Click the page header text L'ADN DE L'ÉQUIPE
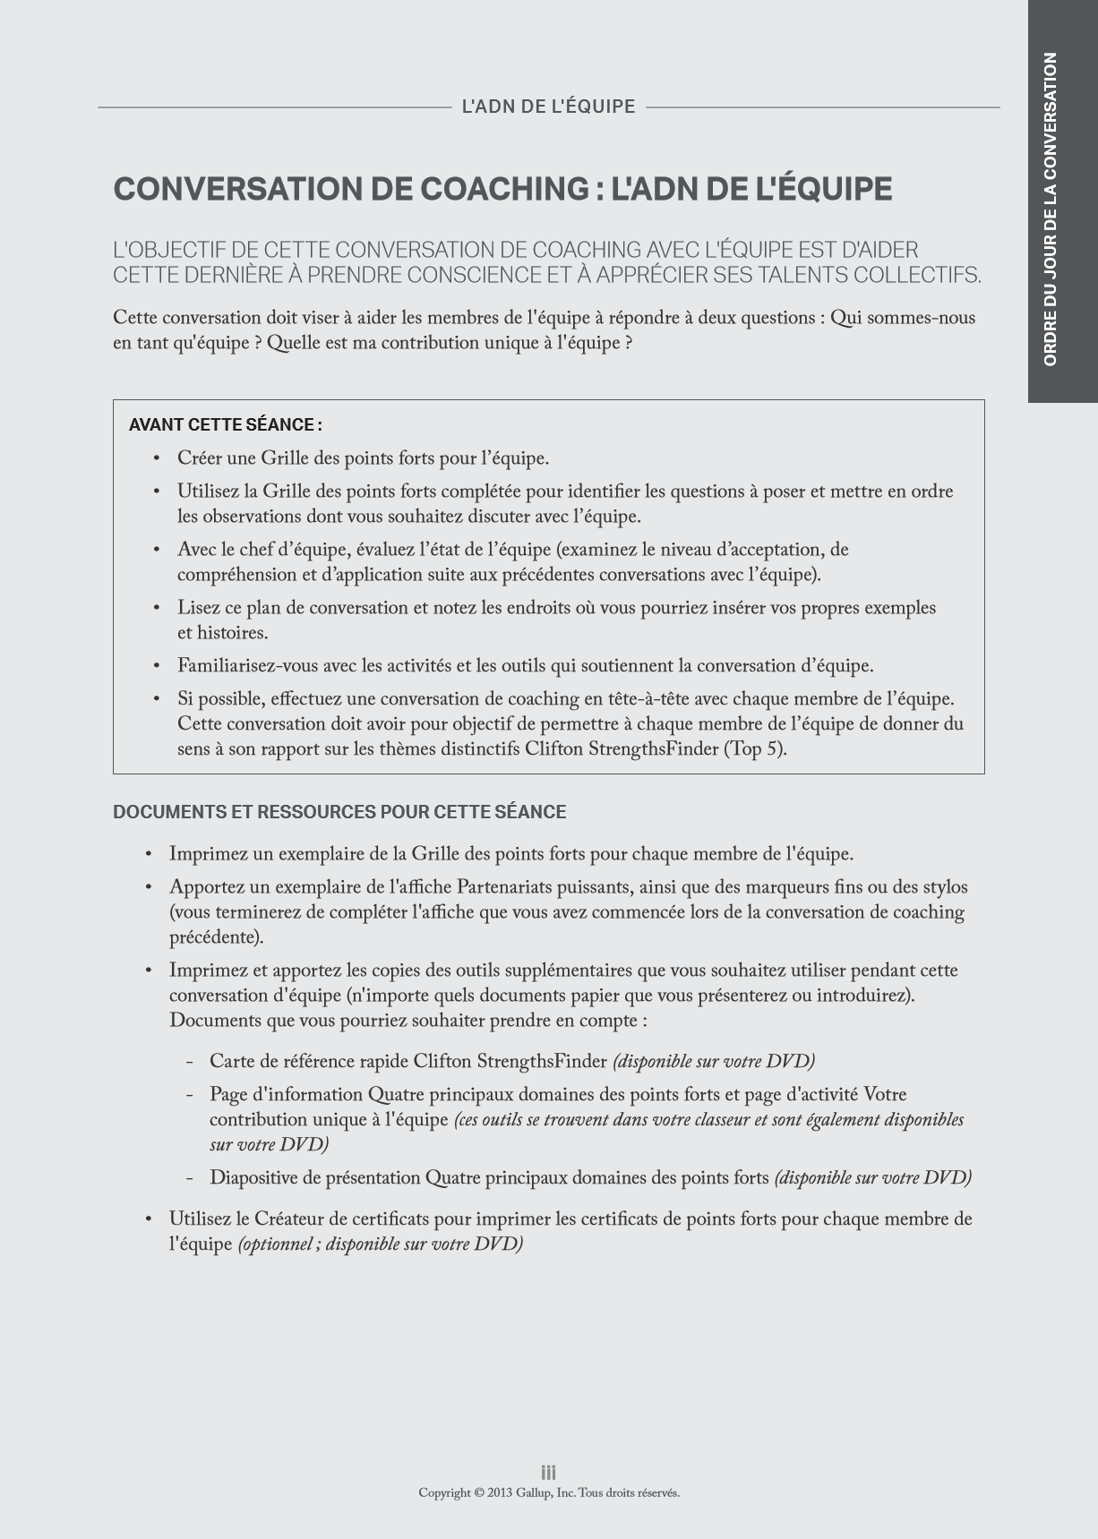point(548,107)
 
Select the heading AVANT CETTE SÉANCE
point(225,424)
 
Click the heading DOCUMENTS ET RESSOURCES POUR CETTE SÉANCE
point(339,812)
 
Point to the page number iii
point(548,1472)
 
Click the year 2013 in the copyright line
point(500,1492)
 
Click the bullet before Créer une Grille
point(157,458)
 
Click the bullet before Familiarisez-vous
point(157,666)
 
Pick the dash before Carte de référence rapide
point(190,1062)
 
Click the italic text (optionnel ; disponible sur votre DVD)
point(380,1244)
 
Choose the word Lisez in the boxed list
point(198,608)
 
